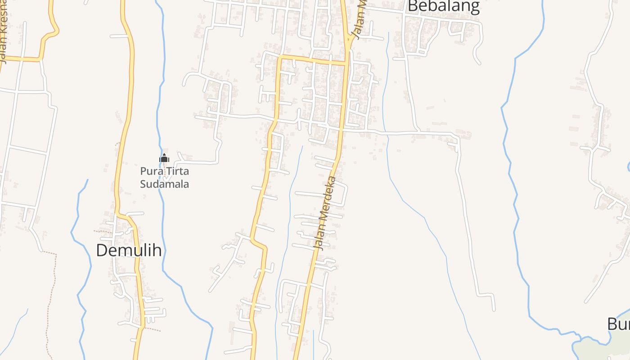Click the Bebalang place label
pyautogui.click(x=443, y=6)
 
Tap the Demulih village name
pyautogui.click(x=129, y=250)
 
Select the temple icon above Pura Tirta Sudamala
pyautogui.click(x=164, y=158)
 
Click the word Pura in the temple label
pyautogui.click(x=149, y=171)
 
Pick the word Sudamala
pyautogui.click(x=164, y=184)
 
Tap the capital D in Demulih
pyautogui.click(x=103, y=250)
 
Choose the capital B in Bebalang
pyautogui.click(x=413, y=6)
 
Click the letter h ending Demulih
pyautogui.click(x=157, y=250)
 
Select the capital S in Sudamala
pyautogui.click(x=144, y=184)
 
